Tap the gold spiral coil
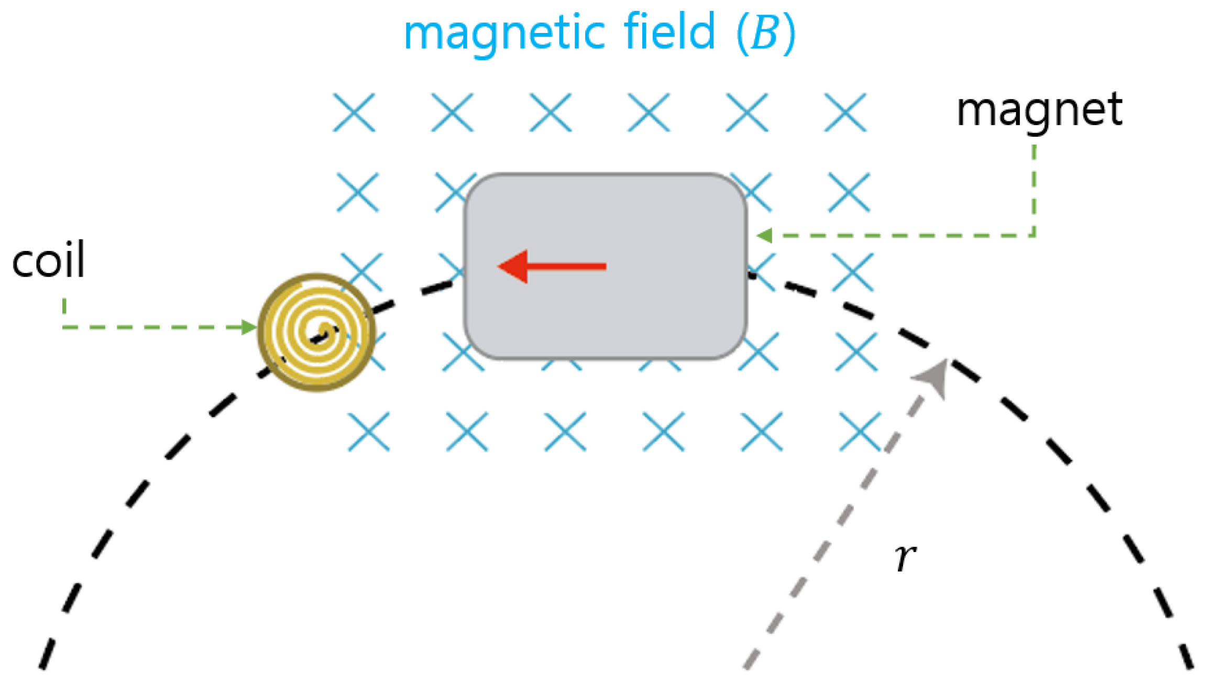point(316,332)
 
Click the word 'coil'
point(48,260)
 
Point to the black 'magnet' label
point(1039,112)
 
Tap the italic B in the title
point(765,32)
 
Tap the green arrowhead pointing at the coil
point(248,327)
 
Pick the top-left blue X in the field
point(354,113)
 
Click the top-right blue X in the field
point(845,113)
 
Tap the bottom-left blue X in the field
point(369,432)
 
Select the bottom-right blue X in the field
point(860,432)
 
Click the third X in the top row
point(550,113)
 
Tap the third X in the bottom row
point(565,432)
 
